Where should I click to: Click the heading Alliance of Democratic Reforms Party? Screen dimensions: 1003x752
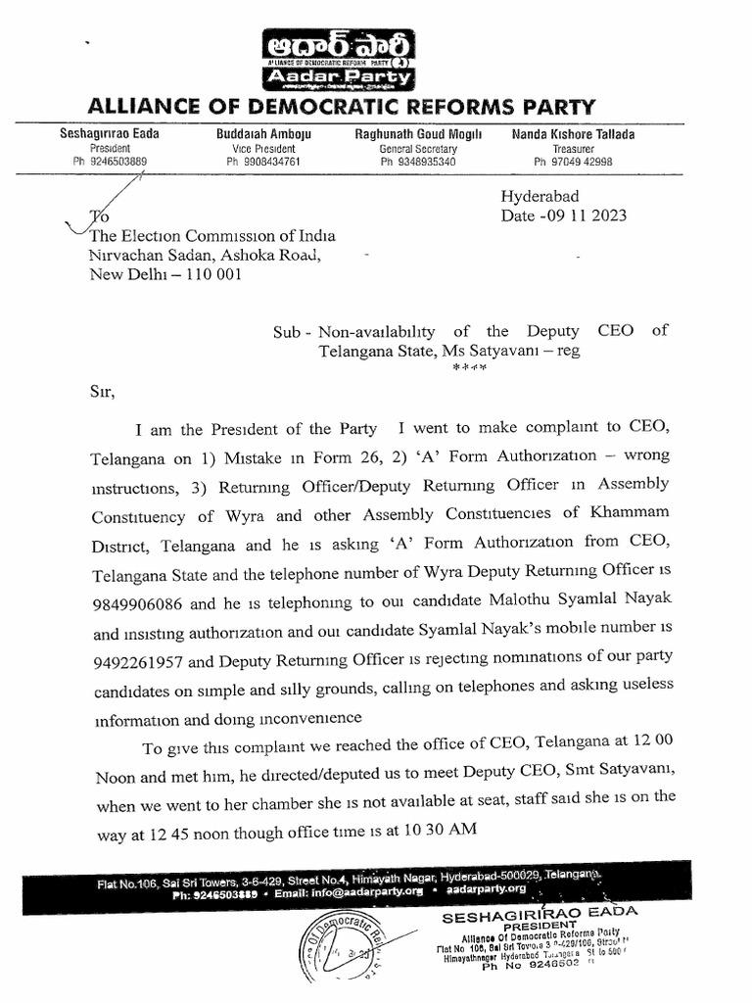[x=341, y=107]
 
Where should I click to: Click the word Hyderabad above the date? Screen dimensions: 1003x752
[x=540, y=196]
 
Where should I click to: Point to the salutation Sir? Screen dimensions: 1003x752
[x=102, y=393]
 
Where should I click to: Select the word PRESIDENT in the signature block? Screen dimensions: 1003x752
[x=537, y=926]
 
